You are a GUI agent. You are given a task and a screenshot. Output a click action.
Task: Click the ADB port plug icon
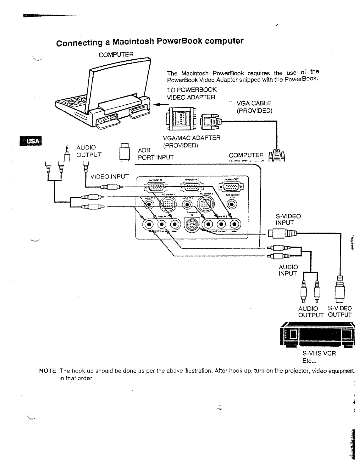tap(124, 153)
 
